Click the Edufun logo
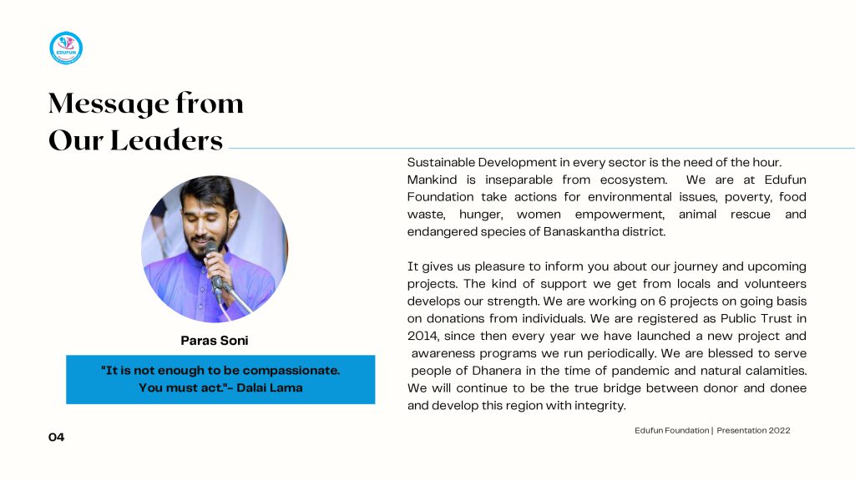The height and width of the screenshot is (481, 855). [x=66, y=48]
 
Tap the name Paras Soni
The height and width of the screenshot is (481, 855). [x=215, y=341]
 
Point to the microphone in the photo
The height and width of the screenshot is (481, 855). [x=214, y=259]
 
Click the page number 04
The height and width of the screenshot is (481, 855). [x=56, y=437]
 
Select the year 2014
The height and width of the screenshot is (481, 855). [x=422, y=336]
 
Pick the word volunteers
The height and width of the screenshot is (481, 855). [x=776, y=284]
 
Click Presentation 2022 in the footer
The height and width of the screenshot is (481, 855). [x=753, y=430]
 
